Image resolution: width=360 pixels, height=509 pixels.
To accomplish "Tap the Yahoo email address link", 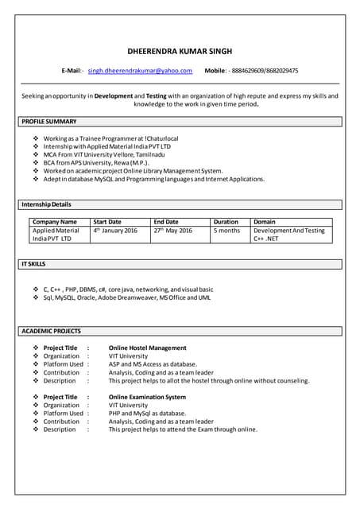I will point(140,72).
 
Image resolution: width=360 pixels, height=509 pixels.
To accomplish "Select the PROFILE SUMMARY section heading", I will point(49,122).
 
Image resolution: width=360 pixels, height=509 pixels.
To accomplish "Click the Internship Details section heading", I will point(46,205).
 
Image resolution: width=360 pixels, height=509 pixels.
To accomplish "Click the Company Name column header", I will point(55,222).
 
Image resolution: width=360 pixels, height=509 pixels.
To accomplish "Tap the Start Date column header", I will point(107,222).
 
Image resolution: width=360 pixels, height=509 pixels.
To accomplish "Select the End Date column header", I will point(166,222).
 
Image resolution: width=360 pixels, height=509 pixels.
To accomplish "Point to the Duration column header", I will point(226,222).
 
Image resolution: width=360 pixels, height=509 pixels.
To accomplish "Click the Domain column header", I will point(265,222).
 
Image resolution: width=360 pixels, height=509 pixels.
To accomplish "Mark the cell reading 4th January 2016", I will point(115,231).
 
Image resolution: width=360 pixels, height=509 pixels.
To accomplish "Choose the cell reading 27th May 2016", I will point(173,231).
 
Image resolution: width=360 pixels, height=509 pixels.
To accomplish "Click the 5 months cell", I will point(226,231).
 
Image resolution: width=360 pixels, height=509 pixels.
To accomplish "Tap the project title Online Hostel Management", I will point(147,348).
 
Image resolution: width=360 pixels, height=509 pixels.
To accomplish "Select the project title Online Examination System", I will point(147,397).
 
